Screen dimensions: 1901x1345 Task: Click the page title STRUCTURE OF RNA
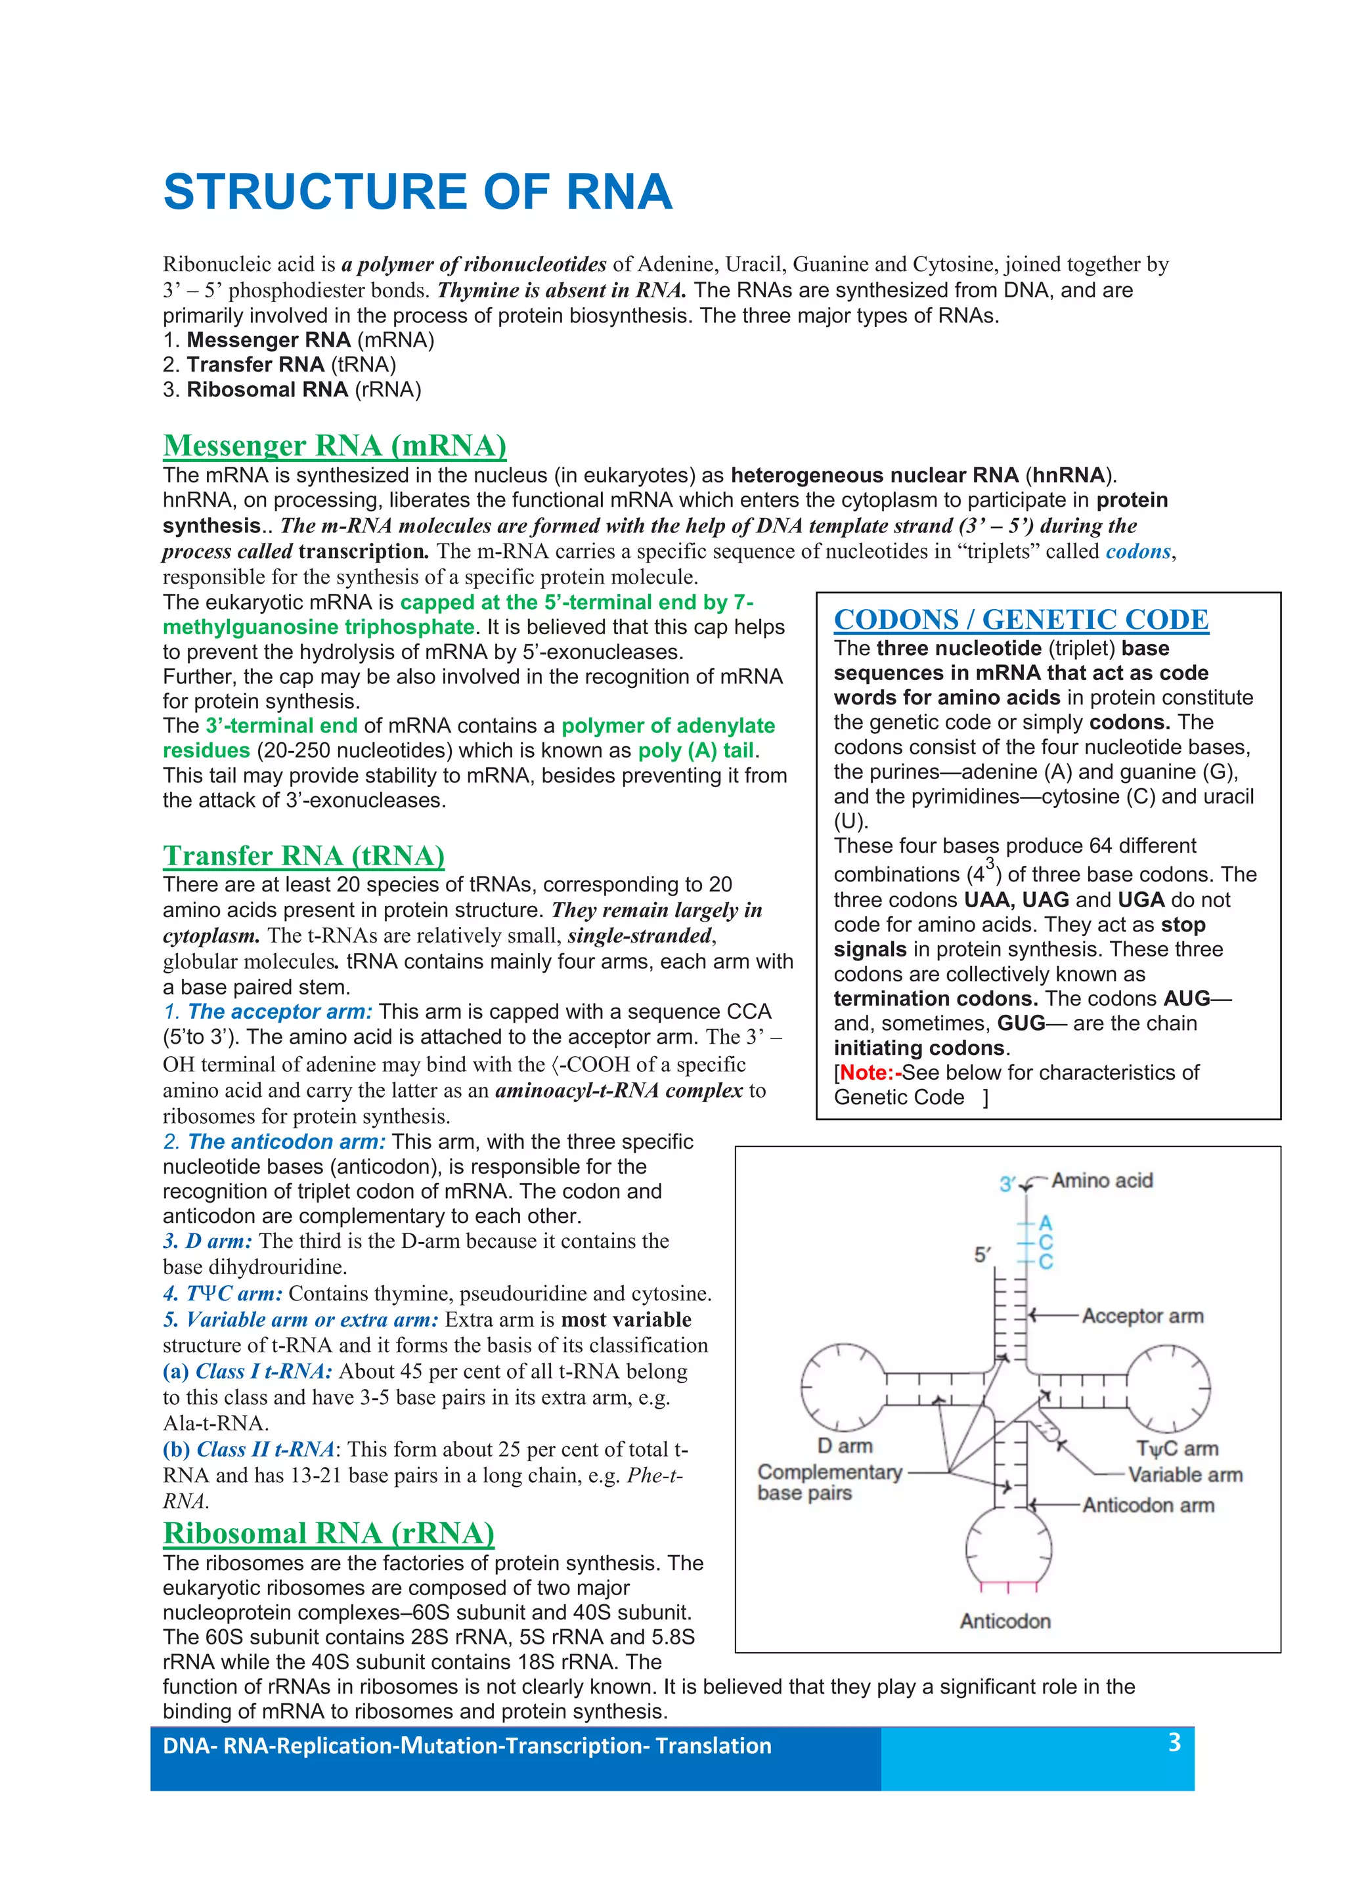pos(418,192)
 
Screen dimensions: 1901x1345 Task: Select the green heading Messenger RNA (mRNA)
pos(334,446)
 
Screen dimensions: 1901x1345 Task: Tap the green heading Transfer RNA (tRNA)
pos(304,855)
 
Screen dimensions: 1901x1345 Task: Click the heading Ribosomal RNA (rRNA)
pos(329,1533)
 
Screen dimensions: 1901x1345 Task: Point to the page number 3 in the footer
pos(1174,1742)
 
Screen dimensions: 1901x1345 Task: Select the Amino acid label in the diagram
pos(1101,1181)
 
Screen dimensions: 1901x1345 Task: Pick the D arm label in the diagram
pos(845,1445)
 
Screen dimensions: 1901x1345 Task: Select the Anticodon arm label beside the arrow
pos(1148,1505)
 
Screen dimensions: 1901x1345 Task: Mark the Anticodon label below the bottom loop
pos(1005,1621)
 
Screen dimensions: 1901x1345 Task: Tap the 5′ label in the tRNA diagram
pos(982,1255)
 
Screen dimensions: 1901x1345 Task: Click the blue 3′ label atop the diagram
pos(1007,1184)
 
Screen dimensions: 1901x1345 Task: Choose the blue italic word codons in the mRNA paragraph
pos(1139,551)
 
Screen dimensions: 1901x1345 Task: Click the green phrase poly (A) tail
pos(695,751)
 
